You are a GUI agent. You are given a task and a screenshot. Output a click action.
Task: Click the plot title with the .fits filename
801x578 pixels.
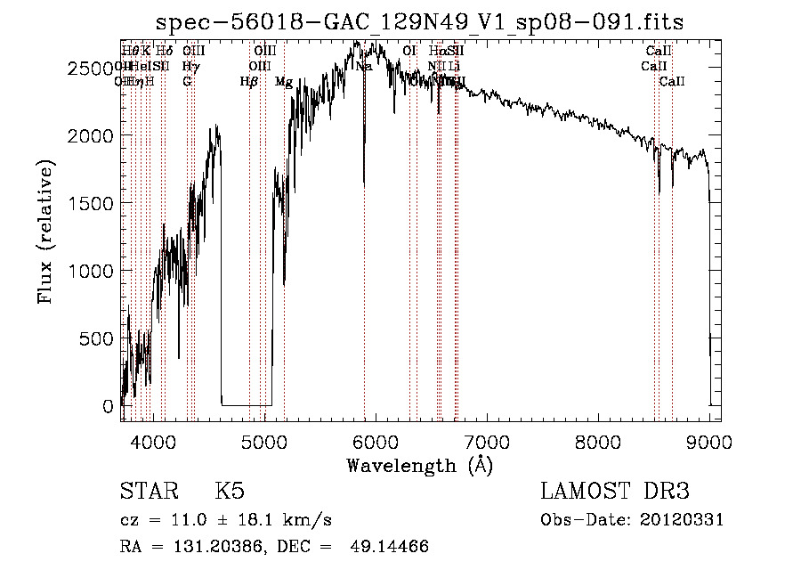tap(419, 21)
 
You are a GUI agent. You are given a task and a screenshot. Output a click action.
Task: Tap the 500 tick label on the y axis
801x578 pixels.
tap(96, 338)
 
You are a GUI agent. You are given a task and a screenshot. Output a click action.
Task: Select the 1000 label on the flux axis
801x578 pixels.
tap(91, 271)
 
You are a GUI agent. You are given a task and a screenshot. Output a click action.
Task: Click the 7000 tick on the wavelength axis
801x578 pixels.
tap(487, 441)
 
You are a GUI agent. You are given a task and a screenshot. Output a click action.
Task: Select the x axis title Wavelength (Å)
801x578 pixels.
tap(419, 465)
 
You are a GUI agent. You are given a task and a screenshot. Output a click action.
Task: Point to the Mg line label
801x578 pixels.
tap(284, 82)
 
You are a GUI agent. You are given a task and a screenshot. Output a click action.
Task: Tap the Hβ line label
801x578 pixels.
tap(249, 82)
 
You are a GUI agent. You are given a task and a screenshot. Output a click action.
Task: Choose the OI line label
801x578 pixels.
tap(409, 51)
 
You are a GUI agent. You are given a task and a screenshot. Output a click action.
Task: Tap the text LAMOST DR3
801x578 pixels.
tap(615, 492)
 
